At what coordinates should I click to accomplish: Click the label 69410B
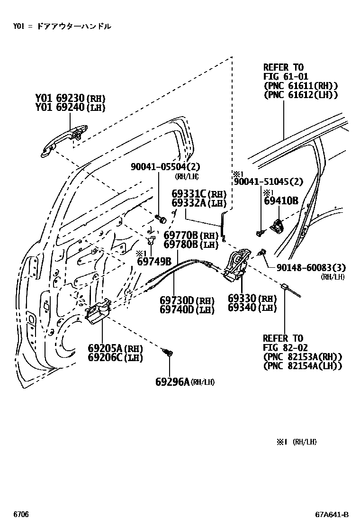281,200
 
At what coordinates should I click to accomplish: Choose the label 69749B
153,261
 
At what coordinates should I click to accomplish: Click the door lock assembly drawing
236,265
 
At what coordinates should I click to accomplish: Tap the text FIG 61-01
286,76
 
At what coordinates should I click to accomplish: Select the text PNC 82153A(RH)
302,357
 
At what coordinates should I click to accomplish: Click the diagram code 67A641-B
333,515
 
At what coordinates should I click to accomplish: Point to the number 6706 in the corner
21,515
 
